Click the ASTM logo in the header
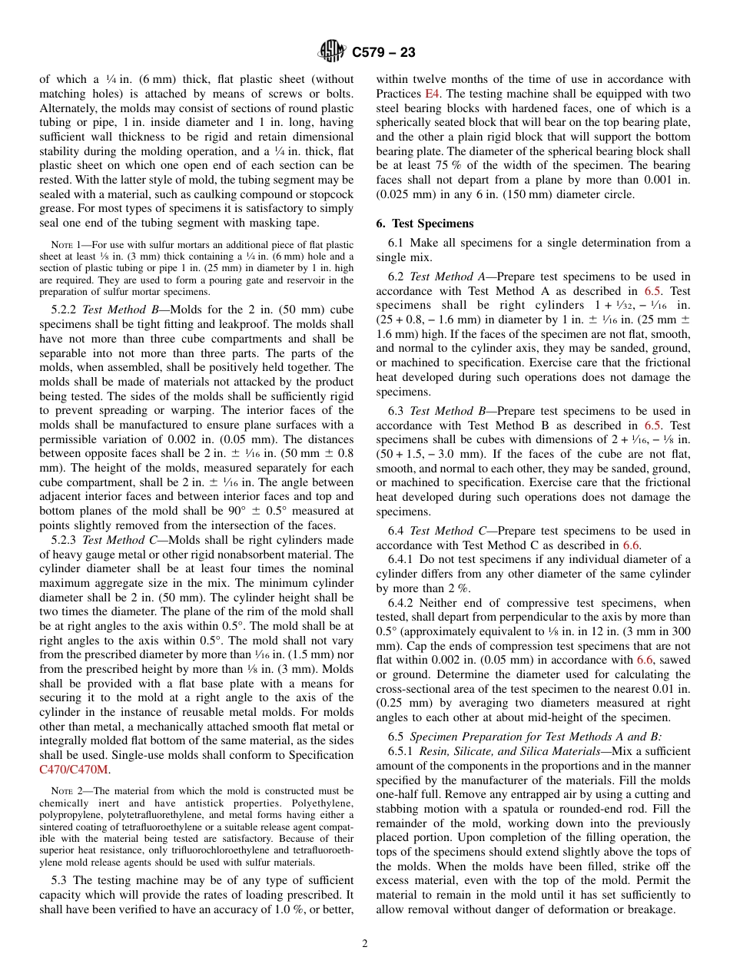(333, 51)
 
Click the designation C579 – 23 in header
(383, 52)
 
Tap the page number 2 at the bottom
(365, 944)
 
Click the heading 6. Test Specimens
(424, 224)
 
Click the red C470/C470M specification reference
(75, 769)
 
